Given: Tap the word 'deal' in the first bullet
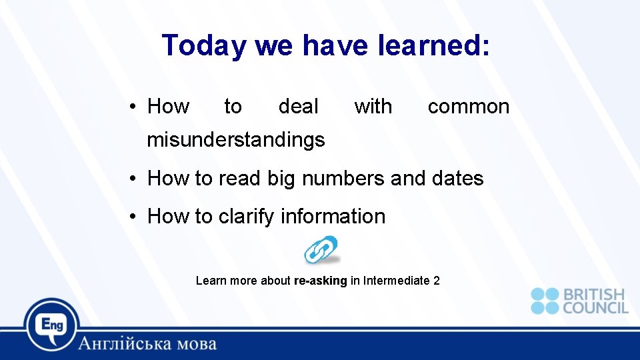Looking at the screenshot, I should [x=298, y=106].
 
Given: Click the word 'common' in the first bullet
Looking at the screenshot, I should [x=468, y=106].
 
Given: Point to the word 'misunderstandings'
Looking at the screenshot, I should [x=236, y=139].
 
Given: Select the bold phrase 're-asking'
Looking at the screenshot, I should [x=320, y=281].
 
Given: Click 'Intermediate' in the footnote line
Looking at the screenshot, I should [x=396, y=281].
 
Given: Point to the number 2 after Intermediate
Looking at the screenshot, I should [x=436, y=281].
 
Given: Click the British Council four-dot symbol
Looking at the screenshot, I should [x=545, y=301].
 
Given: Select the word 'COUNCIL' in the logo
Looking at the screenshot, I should [x=595, y=307].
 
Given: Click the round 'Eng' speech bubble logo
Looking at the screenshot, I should [x=52, y=325].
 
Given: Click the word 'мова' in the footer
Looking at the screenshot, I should [x=194, y=344].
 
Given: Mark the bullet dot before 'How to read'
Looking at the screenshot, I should [x=134, y=179].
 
